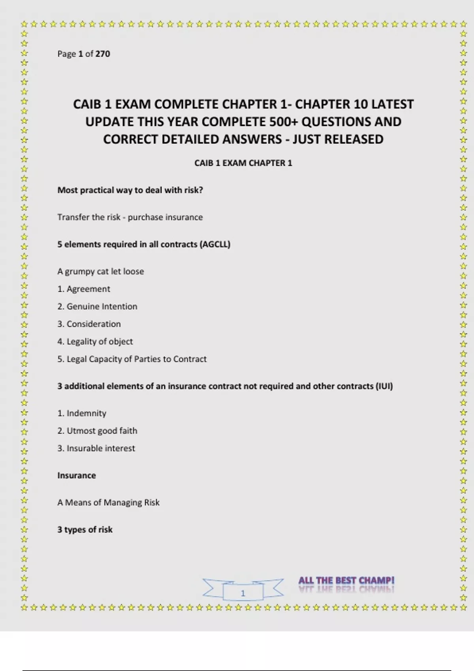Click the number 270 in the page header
[x=103, y=54]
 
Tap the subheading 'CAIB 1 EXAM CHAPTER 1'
[x=243, y=163]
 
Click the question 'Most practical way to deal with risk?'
[x=130, y=190]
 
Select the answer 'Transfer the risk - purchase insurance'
[x=130, y=217]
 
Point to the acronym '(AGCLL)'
[x=215, y=244]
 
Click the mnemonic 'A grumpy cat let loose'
[x=101, y=272]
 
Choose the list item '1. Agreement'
[x=84, y=289]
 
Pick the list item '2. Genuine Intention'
[x=97, y=306]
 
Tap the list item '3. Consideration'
[x=89, y=324]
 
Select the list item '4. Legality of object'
[x=95, y=341]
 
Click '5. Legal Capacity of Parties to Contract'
[x=132, y=359]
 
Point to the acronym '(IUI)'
[x=384, y=386]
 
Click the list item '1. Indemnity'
[x=82, y=413]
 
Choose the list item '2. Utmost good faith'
[x=97, y=431]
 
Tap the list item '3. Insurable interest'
[x=96, y=448]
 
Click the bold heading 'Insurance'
[x=77, y=475]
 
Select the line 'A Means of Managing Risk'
[x=108, y=502]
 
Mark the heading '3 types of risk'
[x=85, y=530]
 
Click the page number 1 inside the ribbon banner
[x=243, y=593]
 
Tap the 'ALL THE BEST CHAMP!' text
[x=346, y=581]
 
